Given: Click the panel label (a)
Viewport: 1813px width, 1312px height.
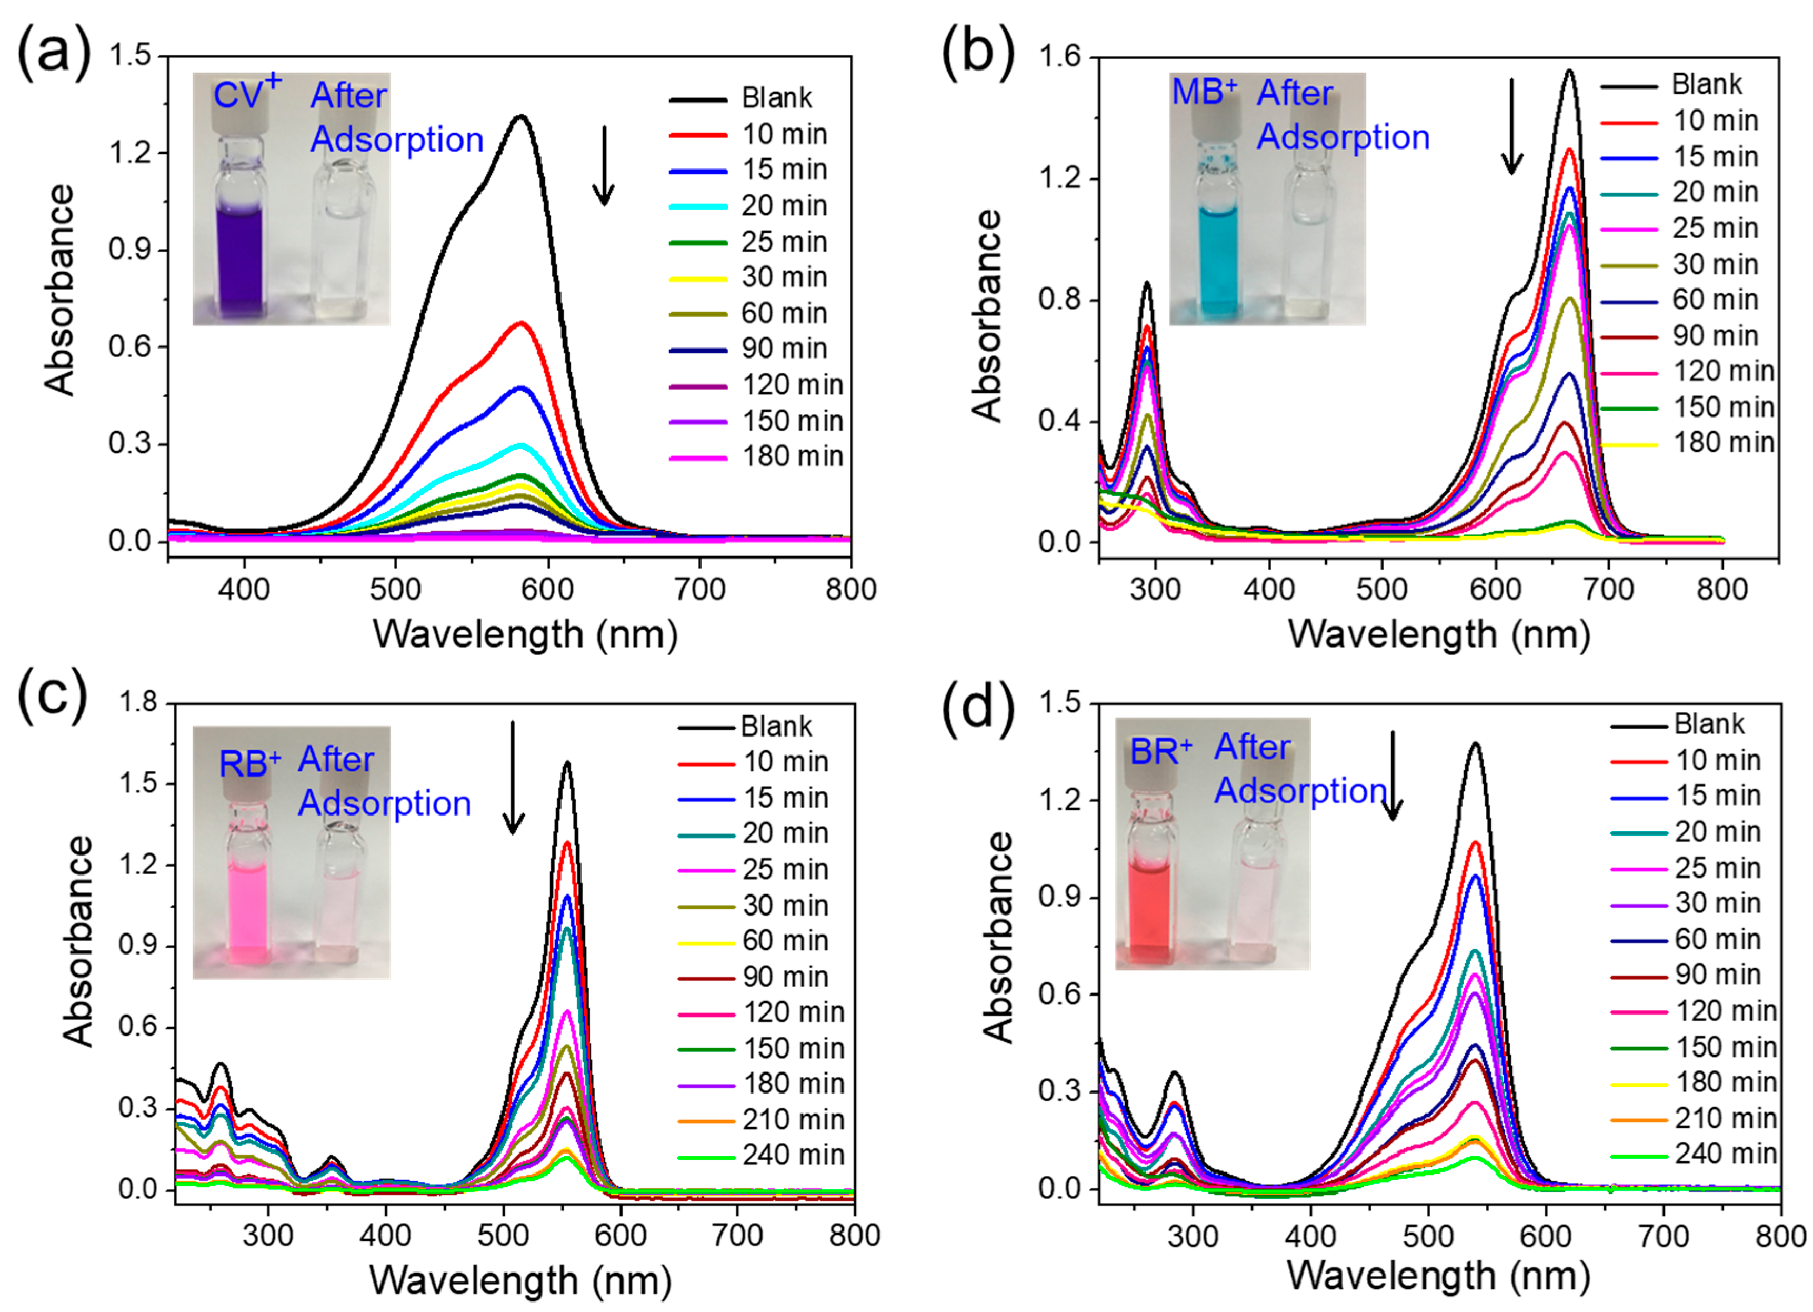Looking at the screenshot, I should tap(54, 54).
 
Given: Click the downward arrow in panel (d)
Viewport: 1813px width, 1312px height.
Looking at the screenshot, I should tap(1393, 776).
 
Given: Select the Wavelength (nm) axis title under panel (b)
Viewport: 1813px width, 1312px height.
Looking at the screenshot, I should tap(1439, 634).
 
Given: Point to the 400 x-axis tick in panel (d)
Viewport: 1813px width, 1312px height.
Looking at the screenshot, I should tap(1310, 1235).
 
